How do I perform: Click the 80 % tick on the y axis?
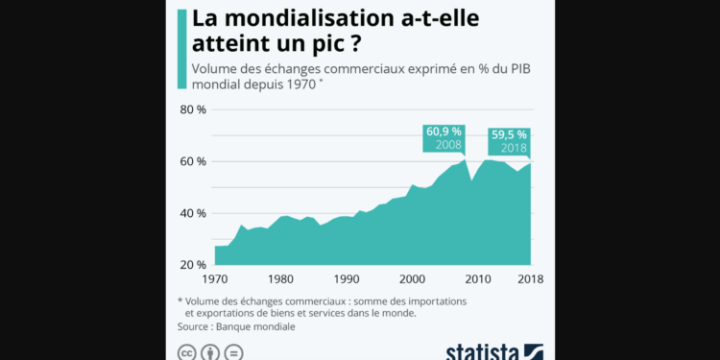click(194, 109)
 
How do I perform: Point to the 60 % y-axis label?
click(194, 161)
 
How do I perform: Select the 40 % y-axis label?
click(194, 213)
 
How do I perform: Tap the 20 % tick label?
click(194, 265)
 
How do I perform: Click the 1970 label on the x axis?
click(214, 279)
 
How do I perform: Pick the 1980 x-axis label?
click(280, 279)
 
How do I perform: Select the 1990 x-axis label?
click(347, 279)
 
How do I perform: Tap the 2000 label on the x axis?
click(412, 279)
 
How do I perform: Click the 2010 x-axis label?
click(478, 279)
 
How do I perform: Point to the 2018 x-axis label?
click(531, 279)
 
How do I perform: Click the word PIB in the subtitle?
click(519, 68)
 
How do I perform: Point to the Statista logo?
click(494, 350)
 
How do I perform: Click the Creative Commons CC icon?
click(185, 352)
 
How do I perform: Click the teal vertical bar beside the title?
click(180, 48)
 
